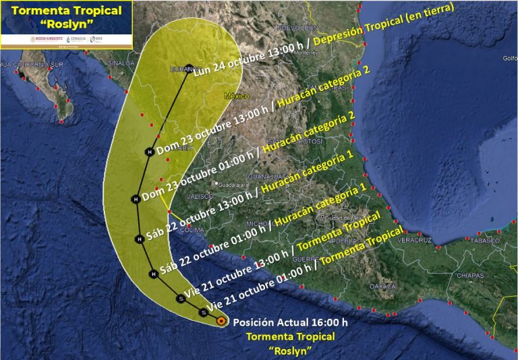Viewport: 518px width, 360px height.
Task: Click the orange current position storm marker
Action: (x=221, y=322)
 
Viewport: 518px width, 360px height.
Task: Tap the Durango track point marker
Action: (x=190, y=68)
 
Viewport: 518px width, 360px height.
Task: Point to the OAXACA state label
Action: (x=382, y=286)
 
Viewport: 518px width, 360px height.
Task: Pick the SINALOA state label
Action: (x=120, y=63)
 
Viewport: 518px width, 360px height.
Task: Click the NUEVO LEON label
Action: (x=297, y=28)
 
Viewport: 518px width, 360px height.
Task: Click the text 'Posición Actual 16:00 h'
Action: (x=290, y=322)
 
